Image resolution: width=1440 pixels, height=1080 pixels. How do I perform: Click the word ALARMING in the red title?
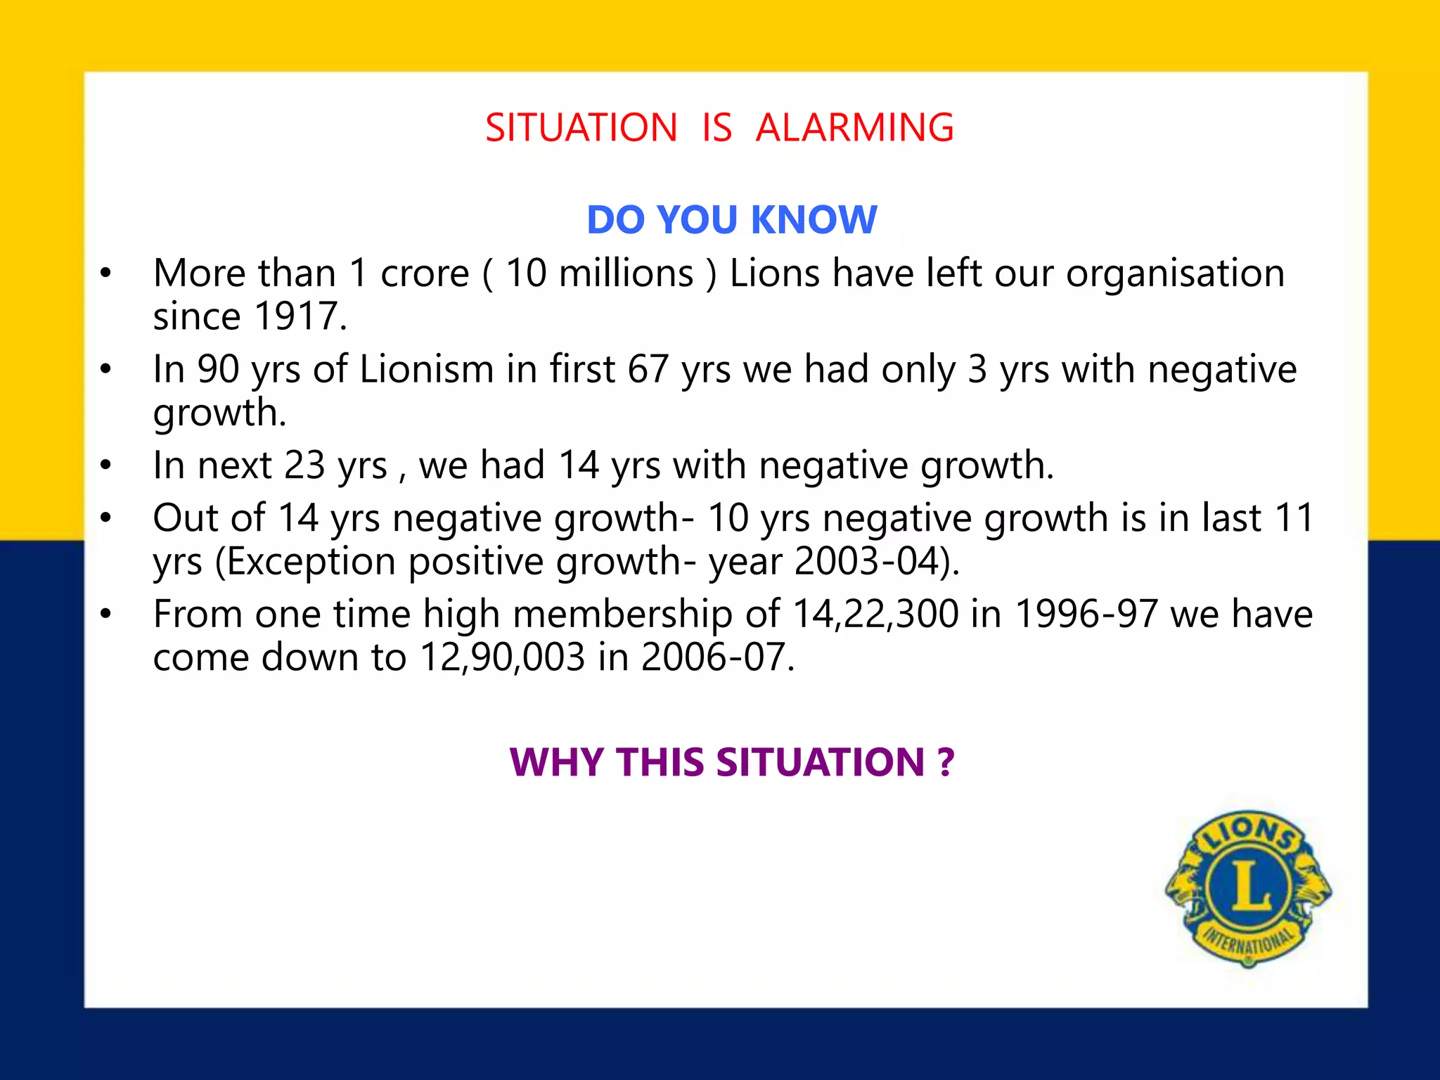(854, 128)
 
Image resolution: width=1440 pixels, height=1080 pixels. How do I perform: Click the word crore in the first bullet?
(425, 273)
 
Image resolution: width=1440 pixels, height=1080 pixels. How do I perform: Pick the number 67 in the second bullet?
(648, 369)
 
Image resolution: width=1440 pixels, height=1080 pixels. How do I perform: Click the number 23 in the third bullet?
(305, 465)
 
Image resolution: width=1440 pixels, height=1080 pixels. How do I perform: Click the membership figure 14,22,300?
(875, 614)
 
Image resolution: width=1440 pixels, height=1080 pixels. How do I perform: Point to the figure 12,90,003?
(502, 657)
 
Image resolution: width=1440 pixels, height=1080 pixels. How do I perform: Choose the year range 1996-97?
(1086, 614)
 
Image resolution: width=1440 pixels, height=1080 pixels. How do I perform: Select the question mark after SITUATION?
(945, 762)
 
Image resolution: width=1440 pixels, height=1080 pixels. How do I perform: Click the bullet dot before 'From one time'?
(105, 615)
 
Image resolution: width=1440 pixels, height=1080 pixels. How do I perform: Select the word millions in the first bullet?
(626, 273)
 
